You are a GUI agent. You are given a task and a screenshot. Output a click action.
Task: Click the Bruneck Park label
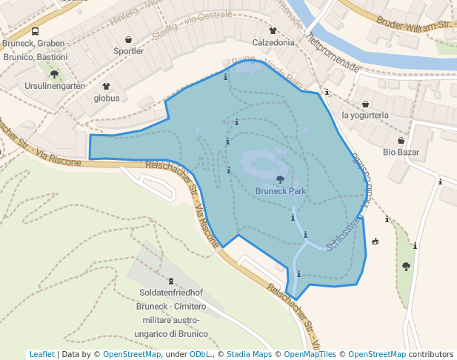281,190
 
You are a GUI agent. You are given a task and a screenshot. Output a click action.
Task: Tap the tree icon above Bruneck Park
280,179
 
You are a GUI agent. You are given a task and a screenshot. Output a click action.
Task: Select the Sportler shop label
128,51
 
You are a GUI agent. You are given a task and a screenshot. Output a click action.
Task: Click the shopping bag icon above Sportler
129,39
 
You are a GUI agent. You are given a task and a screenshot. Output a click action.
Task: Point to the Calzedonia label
273,42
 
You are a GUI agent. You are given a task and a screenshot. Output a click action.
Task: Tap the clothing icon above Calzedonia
273,31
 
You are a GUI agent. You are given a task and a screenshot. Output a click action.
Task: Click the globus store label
107,97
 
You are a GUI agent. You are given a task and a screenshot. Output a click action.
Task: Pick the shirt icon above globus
107,86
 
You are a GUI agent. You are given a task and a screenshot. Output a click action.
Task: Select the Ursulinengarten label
54,86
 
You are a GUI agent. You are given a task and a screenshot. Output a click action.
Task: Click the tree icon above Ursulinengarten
54,74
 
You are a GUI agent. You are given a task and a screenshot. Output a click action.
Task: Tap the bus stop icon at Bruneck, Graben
36,32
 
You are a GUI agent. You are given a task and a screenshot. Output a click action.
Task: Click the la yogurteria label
365,115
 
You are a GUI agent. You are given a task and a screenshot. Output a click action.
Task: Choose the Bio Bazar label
401,152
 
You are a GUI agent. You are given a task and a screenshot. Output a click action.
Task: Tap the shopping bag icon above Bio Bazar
401,141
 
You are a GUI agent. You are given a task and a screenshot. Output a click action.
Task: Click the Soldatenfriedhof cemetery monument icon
173,281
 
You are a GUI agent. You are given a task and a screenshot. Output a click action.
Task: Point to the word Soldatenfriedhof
173,293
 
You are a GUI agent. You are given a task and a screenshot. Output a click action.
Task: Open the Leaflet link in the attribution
42,354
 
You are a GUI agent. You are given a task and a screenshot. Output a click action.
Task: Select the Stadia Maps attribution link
249,354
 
